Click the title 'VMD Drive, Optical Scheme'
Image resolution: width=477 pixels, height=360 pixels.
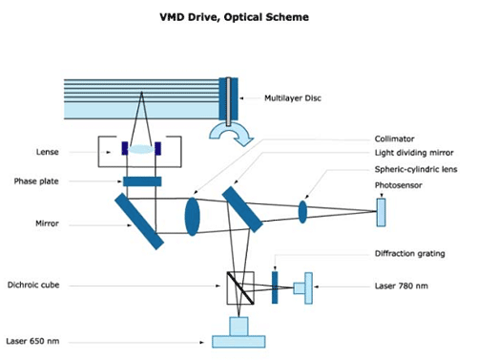point(234,17)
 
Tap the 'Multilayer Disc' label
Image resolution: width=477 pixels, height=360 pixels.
point(293,98)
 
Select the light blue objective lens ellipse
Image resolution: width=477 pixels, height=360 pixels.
point(141,149)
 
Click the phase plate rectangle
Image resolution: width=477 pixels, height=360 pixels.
point(142,181)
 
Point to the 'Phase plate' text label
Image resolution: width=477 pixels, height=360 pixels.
point(36,181)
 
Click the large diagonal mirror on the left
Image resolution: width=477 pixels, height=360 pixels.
point(139,222)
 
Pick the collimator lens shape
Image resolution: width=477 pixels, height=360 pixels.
point(193,217)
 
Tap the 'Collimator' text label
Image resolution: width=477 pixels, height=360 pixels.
point(394,138)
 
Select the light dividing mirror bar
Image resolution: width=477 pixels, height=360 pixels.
point(242,209)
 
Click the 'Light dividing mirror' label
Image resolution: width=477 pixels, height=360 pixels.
point(414,153)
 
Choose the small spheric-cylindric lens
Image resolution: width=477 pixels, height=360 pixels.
point(302,212)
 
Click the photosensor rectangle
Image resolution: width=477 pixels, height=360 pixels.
point(382,212)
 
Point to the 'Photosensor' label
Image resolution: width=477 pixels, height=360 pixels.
point(399,185)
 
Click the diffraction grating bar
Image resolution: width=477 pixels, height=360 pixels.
point(275,287)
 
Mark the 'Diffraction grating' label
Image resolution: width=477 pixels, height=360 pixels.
point(410,254)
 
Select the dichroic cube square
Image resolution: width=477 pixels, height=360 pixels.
point(240,287)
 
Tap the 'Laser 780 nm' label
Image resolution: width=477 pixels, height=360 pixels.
point(402,286)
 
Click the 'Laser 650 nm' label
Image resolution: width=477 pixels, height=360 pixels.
point(32,341)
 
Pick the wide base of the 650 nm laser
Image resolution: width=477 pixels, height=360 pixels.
point(238,342)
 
